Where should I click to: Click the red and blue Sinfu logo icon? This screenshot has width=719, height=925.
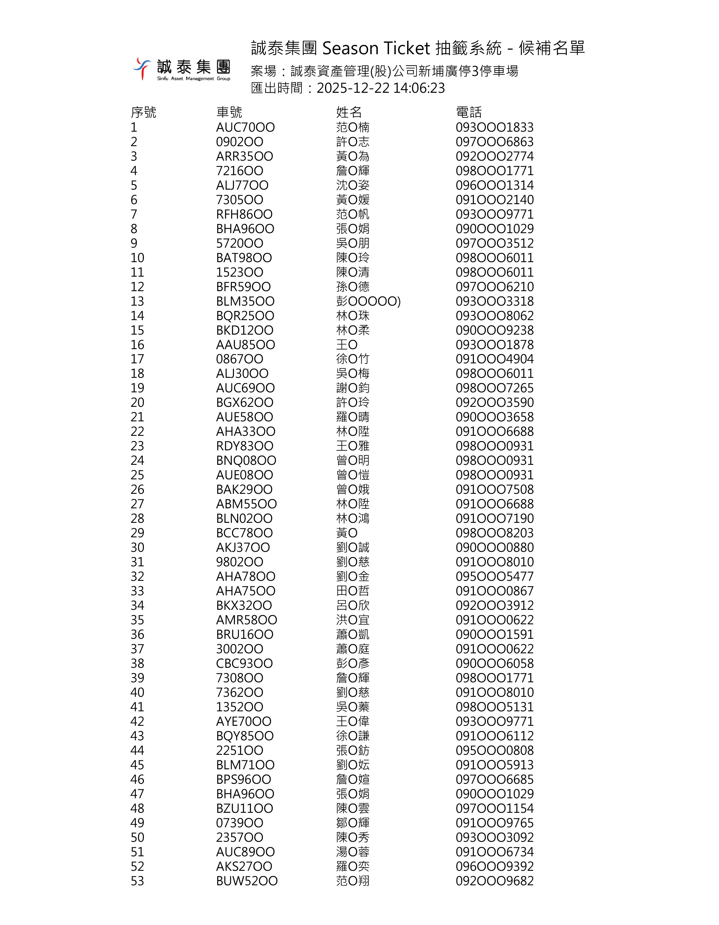(x=142, y=68)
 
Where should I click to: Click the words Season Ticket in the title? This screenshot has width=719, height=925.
(x=376, y=48)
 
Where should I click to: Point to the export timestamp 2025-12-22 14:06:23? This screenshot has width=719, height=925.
(x=381, y=88)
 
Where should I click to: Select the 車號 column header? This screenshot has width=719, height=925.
(x=229, y=112)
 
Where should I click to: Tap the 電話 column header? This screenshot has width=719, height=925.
(x=469, y=112)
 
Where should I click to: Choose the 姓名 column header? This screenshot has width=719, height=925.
(x=349, y=112)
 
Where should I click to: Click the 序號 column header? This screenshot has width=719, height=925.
(x=144, y=112)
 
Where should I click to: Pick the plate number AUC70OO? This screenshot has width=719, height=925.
(x=245, y=127)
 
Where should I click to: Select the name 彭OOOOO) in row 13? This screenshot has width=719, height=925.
(x=368, y=301)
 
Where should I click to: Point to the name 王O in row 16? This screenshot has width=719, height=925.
(x=347, y=345)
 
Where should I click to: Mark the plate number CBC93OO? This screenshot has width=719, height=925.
(x=244, y=663)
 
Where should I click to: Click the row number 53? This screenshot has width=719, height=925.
(x=137, y=881)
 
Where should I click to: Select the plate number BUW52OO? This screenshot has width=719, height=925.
(x=247, y=881)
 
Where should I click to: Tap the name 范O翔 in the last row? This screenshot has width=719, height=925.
(x=353, y=881)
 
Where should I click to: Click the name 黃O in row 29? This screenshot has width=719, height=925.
(x=347, y=533)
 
